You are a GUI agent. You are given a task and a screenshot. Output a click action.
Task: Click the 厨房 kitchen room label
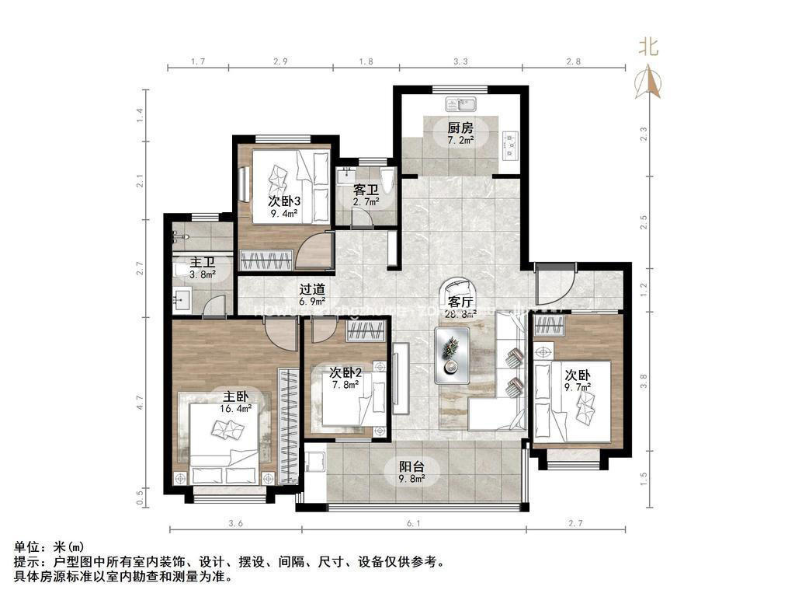460,128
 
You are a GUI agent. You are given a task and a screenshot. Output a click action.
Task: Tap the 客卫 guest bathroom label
366,190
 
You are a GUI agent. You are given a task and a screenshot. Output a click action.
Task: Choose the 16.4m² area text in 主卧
239,407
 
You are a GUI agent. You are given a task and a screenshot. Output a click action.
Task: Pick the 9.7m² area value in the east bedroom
577,386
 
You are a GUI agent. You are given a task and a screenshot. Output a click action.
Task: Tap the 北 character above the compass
649,47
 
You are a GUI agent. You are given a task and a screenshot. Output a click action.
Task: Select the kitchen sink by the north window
460,103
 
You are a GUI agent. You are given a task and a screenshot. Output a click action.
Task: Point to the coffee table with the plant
452,354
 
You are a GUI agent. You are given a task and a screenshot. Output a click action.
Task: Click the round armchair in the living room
458,294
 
